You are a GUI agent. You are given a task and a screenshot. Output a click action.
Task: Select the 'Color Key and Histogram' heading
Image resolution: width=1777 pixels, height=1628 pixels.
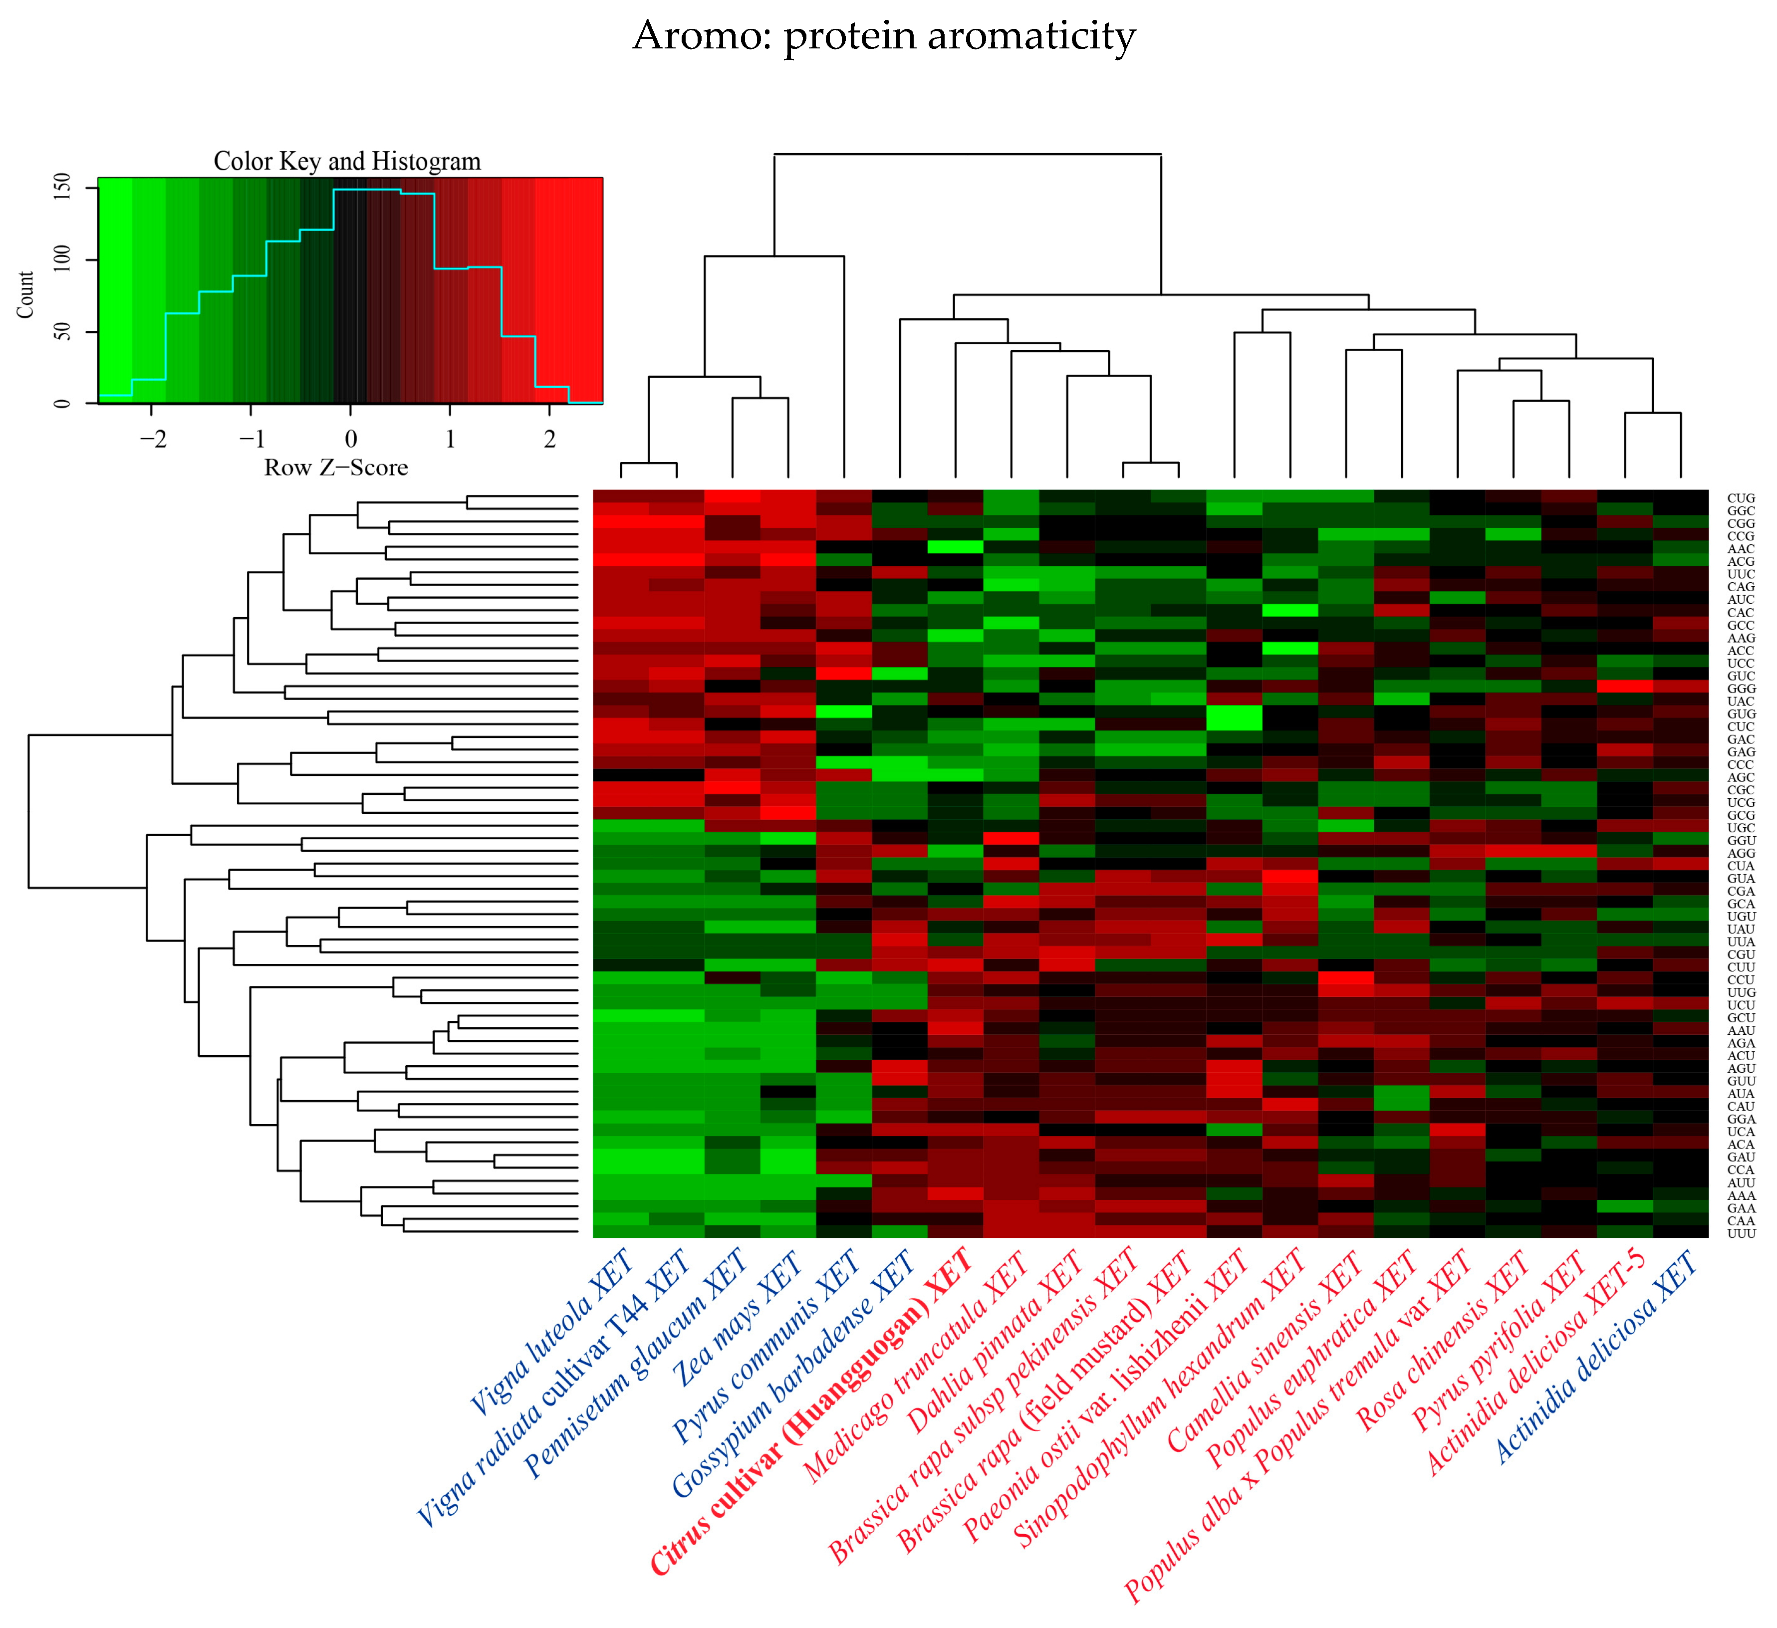(x=347, y=161)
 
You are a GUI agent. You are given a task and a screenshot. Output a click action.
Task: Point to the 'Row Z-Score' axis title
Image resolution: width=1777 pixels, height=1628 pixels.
(x=336, y=467)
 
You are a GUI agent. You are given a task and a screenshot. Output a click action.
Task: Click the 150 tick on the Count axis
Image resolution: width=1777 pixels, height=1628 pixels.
(x=62, y=188)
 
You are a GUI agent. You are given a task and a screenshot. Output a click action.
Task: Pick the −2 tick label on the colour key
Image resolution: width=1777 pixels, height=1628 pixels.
(x=152, y=439)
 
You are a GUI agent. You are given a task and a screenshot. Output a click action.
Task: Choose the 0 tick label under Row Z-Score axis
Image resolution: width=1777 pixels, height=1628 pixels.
(x=351, y=439)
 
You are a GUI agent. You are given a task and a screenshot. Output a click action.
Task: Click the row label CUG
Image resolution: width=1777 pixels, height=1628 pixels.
(x=1741, y=498)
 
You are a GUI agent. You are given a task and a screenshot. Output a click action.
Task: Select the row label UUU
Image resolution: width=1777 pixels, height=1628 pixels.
(x=1741, y=1233)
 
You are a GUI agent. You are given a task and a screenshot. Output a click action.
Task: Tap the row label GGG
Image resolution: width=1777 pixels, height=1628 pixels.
(x=1741, y=689)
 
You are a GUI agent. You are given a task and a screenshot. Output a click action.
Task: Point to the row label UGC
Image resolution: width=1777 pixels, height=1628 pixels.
(x=1741, y=828)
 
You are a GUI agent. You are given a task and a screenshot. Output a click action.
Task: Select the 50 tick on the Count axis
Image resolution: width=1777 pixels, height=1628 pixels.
(x=62, y=332)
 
